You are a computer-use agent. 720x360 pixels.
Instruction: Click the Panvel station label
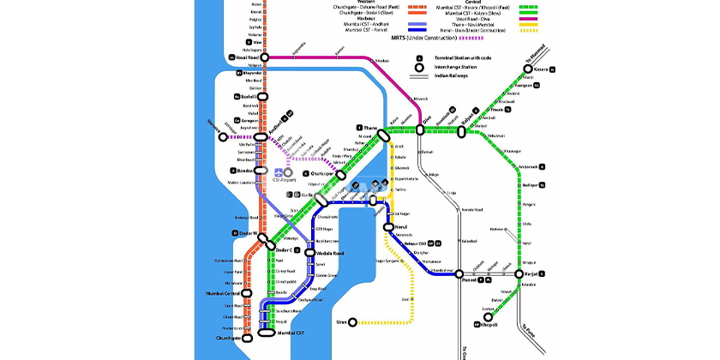coord(468,280)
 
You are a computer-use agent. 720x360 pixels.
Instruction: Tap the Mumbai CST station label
coord(293,329)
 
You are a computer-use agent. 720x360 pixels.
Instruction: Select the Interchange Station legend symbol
coord(420,67)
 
